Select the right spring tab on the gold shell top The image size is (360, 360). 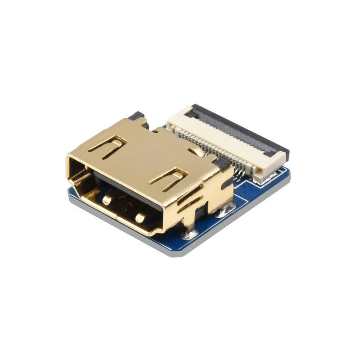(169, 178)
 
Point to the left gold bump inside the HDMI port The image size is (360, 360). (107, 199)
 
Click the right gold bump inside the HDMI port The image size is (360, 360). (141, 218)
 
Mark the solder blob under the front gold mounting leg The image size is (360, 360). (188, 234)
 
